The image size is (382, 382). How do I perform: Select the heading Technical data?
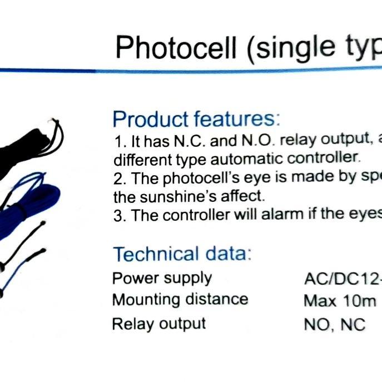point(182,254)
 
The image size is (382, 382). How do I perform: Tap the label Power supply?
point(162,278)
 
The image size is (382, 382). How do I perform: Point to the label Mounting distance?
point(180,300)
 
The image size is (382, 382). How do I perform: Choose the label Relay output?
point(159,324)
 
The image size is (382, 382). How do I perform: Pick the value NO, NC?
point(335,325)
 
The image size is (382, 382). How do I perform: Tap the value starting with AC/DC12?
point(343,279)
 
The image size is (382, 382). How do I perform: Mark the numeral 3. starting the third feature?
point(120,216)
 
